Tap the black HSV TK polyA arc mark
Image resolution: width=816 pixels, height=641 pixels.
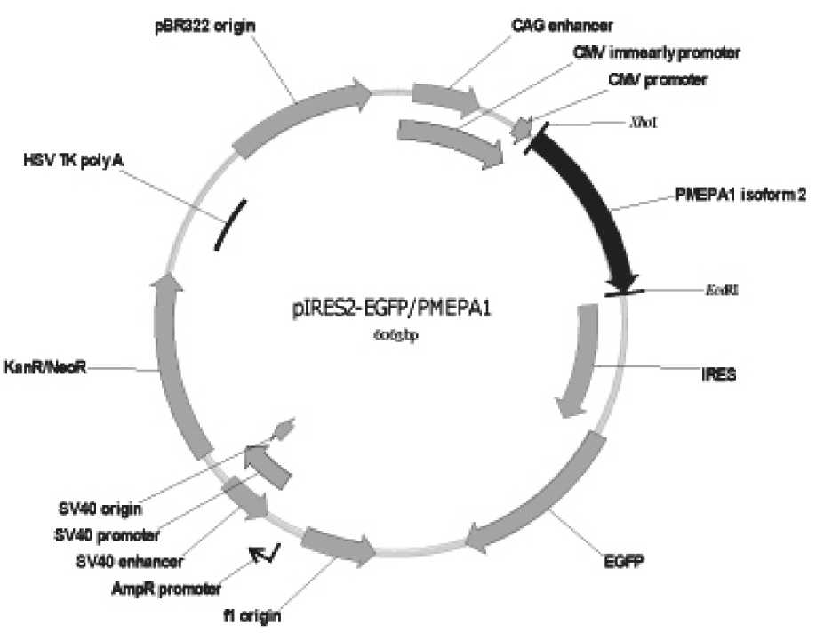tap(230, 226)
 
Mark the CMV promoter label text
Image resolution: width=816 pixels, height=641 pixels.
tap(658, 80)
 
